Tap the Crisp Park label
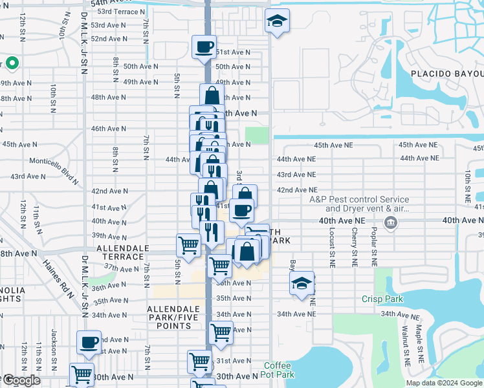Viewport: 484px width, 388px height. (x=382, y=299)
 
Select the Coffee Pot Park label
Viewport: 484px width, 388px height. (x=279, y=370)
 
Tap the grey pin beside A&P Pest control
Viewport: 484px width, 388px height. (x=391, y=224)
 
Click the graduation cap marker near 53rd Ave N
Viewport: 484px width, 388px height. (x=277, y=23)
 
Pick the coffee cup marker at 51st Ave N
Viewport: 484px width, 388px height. (x=204, y=47)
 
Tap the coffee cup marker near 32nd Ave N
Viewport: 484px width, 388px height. (x=89, y=342)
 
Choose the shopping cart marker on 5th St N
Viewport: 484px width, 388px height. (x=188, y=245)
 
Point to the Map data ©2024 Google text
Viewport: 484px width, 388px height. (x=443, y=383)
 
